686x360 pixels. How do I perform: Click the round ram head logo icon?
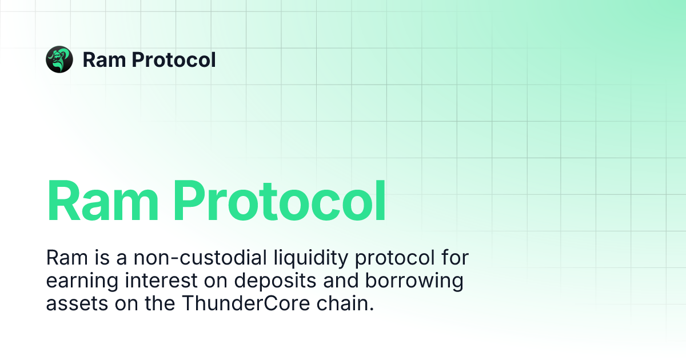(59, 59)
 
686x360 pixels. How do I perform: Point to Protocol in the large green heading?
(280, 201)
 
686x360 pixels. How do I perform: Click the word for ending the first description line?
(454, 258)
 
